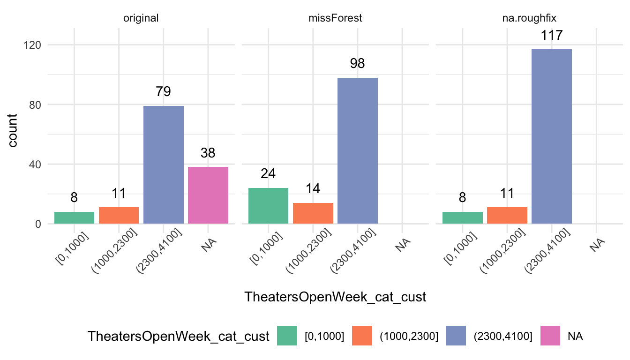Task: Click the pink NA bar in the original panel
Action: pyautogui.click(x=208, y=195)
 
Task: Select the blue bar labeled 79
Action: pyautogui.click(x=164, y=165)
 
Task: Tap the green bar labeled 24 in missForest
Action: pyautogui.click(x=268, y=206)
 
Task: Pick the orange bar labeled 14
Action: pyautogui.click(x=313, y=213)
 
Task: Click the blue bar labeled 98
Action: pyautogui.click(x=358, y=151)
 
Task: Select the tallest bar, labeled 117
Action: pyautogui.click(x=552, y=136)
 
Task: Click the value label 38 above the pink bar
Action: pyautogui.click(x=208, y=153)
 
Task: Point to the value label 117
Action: pyautogui.click(x=552, y=36)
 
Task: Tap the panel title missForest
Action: pyautogui.click(x=335, y=18)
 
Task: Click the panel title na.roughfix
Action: pyautogui.click(x=529, y=18)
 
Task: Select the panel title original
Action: pyautogui.click(x=141, y=18)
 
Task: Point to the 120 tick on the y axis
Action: pyautogui.click(x=32, y=45)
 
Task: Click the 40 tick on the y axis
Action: pyautogui.click(x=35, y=165)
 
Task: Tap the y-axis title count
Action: pyautogui.click(x=13, y=130)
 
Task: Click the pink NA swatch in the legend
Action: pyautogui.click(x=550, y=336)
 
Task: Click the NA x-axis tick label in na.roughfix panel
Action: pyautogui.click(x=597, y=245)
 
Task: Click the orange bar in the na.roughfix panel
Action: pyautogui.click(x=507, y=216)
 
